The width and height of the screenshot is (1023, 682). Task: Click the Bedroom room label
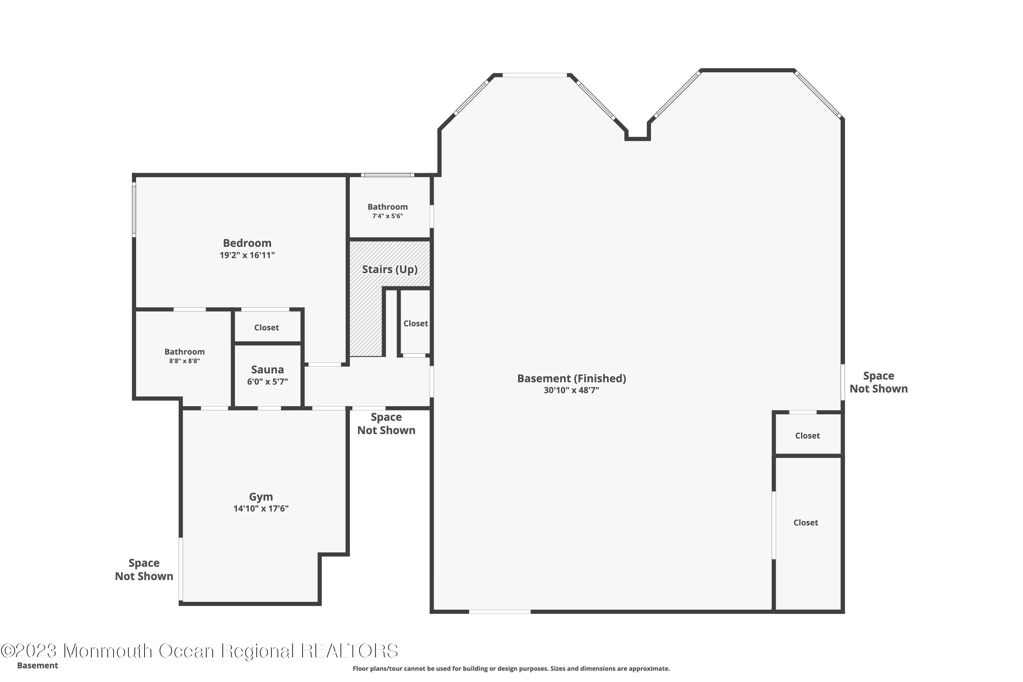pos(247,243)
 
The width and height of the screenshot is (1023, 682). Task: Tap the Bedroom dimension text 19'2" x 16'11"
pos(247,255)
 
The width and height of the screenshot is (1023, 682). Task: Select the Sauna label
pos(267,370)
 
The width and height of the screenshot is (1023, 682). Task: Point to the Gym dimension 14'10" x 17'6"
pos(261,508)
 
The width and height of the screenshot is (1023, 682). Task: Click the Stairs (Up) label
pos(390,269)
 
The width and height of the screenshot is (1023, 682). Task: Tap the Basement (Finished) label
pos(572,379)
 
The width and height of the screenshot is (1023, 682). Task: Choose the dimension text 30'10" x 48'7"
pos(572,390)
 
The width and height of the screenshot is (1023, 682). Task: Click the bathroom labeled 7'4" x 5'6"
pos(387,211)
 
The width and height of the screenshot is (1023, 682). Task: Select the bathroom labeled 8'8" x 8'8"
pos(184,356)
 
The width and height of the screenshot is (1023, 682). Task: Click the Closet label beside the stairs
pos(416,324)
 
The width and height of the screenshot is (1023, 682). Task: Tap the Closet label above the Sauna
pos(267,327)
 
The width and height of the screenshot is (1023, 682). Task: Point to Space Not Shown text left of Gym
pos(144,570)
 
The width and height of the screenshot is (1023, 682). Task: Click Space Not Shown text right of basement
pos(879,382)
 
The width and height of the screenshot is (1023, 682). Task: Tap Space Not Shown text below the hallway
pos(386,424)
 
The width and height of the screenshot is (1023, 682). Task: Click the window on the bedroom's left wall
pos(134,210)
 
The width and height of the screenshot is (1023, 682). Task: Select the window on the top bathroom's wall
pos(387,175)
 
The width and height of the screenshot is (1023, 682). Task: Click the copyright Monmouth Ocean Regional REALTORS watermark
pos(199,651)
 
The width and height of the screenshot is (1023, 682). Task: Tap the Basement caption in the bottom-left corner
pos(38,666)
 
